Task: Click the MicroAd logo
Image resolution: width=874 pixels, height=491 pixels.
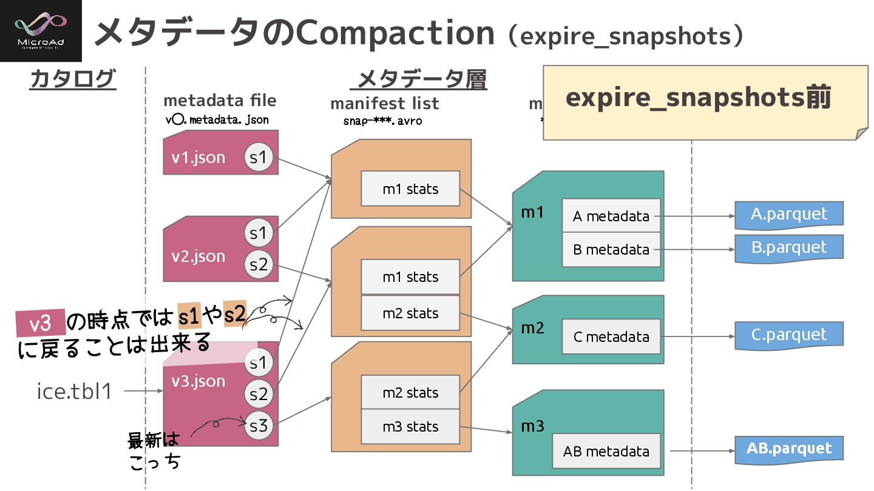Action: [41, 31]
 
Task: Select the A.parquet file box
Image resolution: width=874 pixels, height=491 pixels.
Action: [788, 215]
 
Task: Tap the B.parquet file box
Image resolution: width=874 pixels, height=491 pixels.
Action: [788, 248]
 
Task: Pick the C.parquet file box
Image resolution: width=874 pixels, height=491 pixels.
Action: [788, 335]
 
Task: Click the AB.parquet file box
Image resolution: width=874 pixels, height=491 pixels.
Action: [788, 449]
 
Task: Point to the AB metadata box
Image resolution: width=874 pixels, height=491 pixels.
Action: [606, 452]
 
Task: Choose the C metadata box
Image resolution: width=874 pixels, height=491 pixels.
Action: [611, 337]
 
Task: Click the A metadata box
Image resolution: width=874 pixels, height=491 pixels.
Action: [611, 216]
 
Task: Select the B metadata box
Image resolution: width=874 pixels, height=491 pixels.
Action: [611, 250]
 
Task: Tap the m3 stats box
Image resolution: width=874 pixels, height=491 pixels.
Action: [410, 427]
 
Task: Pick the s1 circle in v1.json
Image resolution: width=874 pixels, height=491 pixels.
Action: [259, 158]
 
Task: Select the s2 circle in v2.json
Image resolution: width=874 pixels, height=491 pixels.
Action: [259, 265]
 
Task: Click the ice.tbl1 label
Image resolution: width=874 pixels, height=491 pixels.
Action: [75, 392]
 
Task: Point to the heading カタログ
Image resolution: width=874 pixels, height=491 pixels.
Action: [72, 79]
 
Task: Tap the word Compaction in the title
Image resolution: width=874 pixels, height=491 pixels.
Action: [395, 33]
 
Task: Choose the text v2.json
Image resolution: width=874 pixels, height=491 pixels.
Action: [198, 256]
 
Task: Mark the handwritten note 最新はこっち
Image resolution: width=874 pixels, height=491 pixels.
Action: [154, 450]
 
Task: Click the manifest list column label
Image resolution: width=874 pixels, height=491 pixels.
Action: [384, 104]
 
